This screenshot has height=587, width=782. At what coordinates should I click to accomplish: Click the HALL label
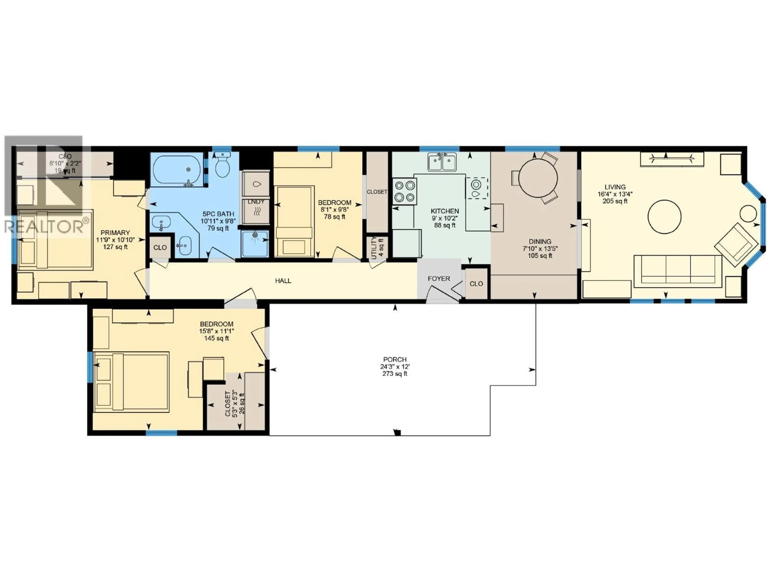(x=283, y=281)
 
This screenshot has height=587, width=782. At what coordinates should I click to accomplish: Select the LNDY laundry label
(x=256, y=202)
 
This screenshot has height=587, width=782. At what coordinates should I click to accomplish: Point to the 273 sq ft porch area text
(x=395, y=374)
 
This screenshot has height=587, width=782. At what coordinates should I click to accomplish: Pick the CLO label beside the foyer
(x=476, y=284)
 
